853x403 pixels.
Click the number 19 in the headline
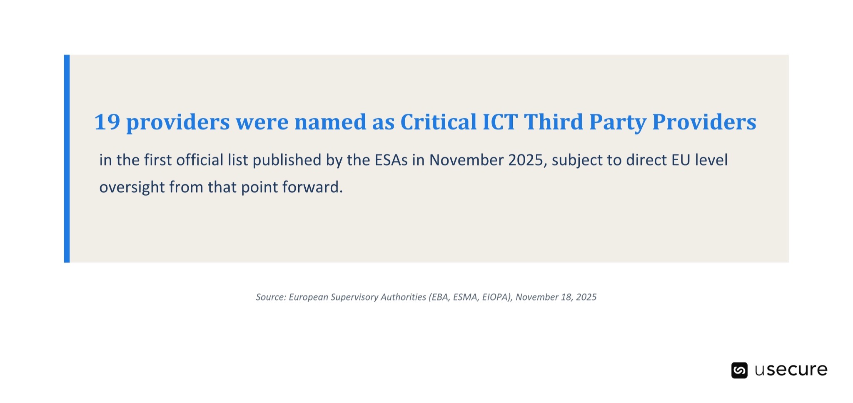click(x=107, y=122)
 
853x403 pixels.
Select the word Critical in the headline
click(x=439, y=122)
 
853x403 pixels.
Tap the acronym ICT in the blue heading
click(x=500, y=122)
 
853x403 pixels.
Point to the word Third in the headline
click(x=554, y=122)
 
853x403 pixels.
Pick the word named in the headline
click(x=330, y=122)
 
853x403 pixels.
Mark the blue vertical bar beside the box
click(x=67, y=159)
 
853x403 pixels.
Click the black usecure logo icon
click(x=739, y=370)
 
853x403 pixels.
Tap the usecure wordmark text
click(x=791, y=370)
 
